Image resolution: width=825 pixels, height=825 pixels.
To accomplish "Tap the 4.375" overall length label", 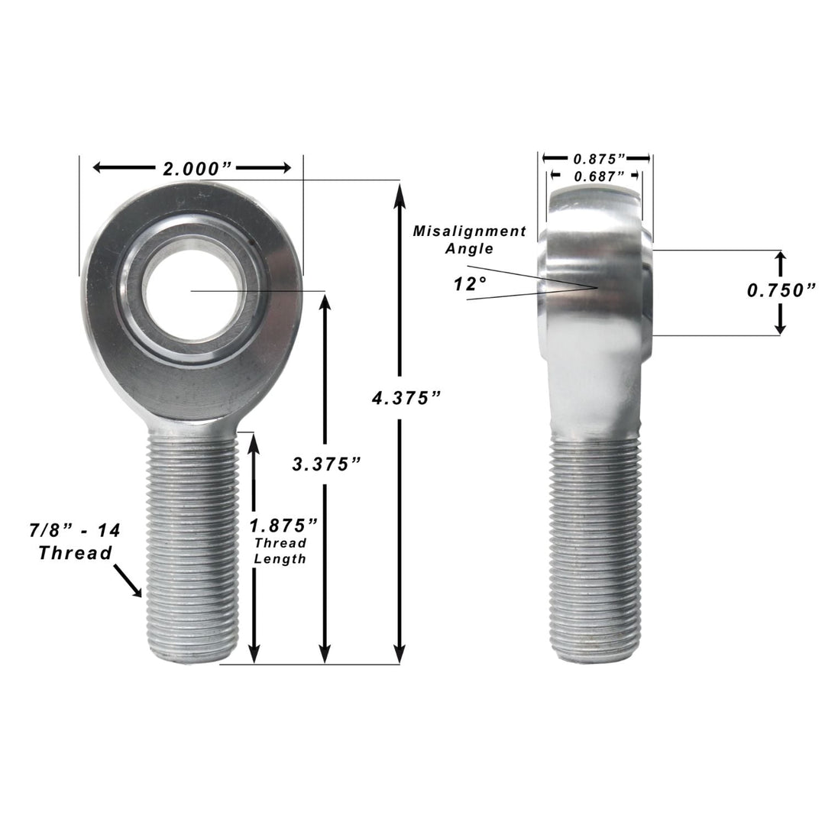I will (x=407, y=398).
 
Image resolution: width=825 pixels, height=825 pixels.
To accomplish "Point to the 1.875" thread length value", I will (x=283, y=526).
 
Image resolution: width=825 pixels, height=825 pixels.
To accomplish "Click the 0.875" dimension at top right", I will (x=600, y=158).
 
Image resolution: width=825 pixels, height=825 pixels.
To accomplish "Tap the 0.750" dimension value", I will (x=781, y=290).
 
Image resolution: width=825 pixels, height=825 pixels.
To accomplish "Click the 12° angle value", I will (x=470, y=284).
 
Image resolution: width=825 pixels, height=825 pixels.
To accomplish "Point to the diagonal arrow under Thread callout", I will (x=128, y=581).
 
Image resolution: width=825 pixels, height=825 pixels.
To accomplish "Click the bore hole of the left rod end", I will (x=195, y=291).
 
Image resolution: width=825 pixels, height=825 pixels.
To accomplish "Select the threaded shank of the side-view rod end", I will (x=596, y=550).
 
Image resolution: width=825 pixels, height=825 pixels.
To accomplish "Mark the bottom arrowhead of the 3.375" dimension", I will (x=325, y=655).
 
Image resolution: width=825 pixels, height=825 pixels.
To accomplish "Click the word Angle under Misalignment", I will (x=471, y=248).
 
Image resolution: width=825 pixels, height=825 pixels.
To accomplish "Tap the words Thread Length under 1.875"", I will (x=280, y=551).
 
